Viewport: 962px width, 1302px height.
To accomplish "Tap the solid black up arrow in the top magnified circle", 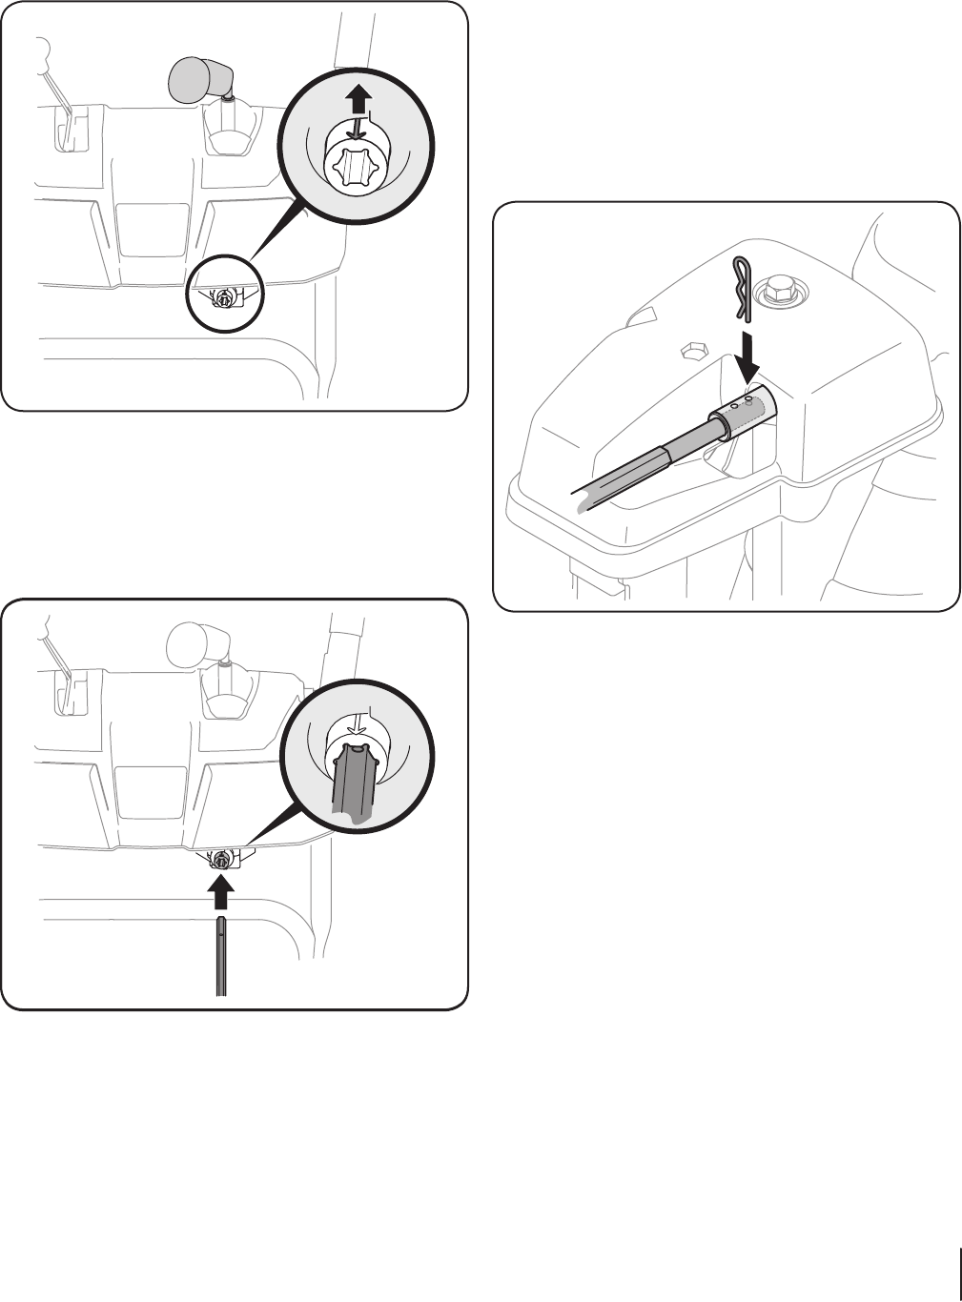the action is (358, 97).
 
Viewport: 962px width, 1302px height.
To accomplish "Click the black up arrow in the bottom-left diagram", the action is (221, 892).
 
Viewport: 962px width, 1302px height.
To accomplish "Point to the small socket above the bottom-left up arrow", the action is (221, 859).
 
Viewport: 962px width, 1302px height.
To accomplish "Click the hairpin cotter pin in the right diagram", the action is (743, 287).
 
